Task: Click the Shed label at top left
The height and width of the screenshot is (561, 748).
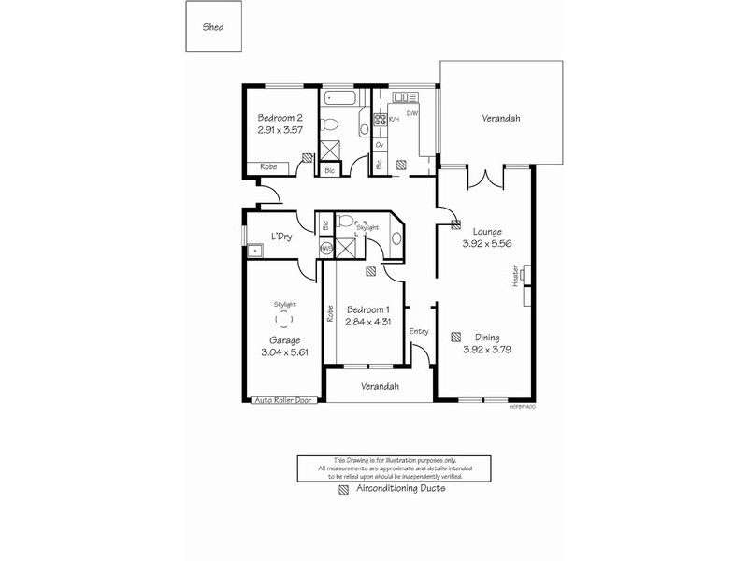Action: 213,28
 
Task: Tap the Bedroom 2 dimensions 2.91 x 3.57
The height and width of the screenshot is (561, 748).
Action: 280,132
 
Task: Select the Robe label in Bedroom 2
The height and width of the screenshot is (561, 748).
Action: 268,166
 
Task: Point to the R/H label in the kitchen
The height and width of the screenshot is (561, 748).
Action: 395,119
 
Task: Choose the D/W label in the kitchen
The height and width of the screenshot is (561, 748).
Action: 412,112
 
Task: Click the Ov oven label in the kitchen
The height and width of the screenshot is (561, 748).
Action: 380,146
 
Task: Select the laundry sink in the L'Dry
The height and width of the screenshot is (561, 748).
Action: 253,251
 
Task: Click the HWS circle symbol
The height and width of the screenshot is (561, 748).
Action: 326,249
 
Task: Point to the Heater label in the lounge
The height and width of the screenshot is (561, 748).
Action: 515,278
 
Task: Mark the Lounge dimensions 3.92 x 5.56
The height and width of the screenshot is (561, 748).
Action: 486,243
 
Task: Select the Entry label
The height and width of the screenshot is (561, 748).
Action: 418,330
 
